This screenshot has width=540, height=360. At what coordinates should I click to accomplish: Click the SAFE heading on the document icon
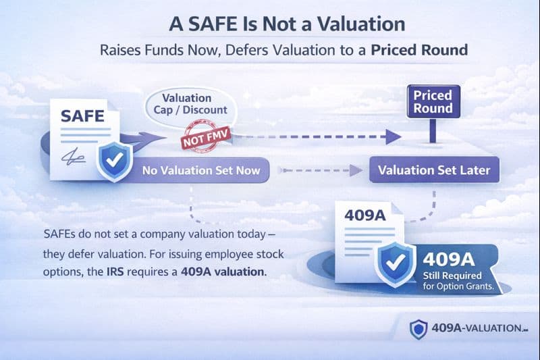[x=82, y=115]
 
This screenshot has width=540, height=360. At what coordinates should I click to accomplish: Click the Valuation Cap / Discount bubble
[x=187, y=105]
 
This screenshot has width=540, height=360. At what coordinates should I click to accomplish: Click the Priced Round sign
[x=432, y=102]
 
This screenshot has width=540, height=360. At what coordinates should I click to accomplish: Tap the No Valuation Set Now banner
[x=201, y=170]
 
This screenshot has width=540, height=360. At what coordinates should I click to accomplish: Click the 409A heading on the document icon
[x=364, y=216]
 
